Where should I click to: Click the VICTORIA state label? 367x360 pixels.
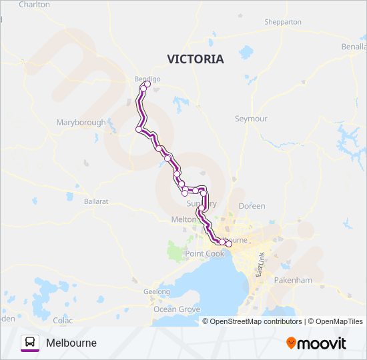tap(196, 59)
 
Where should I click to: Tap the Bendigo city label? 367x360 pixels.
tap(147, 79)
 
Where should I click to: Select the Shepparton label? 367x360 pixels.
tap(283, 22)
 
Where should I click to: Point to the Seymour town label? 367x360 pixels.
tap(251, 119)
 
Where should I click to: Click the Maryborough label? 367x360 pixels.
tap(81, 123)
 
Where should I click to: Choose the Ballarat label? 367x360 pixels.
tap(96, 201)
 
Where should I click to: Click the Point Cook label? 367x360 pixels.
tap(205, 254)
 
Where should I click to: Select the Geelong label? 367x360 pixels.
tap(157, 292)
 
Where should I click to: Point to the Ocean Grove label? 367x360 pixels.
tap(177, 309)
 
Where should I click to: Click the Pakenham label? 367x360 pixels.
tap(293, 281)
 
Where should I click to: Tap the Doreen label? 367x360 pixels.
tap(252, 206)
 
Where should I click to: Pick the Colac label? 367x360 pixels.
tap(63, 320)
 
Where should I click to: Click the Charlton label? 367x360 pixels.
tap(34, 4)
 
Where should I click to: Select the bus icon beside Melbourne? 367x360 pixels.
tap(30, 343)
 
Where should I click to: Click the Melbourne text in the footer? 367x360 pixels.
tap(71, 343)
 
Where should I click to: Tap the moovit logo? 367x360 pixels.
tap(316, 343)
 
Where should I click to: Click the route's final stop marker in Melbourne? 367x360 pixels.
tap(229, 245)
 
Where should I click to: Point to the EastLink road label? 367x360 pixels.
tap(261, 264)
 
